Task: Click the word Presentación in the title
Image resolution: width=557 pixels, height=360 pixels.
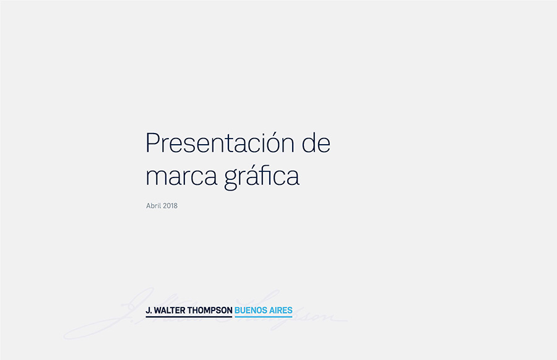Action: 220,142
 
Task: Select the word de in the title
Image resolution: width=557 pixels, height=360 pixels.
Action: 316,143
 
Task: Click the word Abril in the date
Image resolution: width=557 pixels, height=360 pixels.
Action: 153,205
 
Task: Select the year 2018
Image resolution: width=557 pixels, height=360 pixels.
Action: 170,206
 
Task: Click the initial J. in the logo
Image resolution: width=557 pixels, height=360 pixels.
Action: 149,311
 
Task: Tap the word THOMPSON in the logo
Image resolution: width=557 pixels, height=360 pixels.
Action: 210,311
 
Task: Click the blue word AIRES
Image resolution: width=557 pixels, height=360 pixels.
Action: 281,311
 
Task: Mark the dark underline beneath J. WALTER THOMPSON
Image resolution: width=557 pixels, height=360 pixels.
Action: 189,317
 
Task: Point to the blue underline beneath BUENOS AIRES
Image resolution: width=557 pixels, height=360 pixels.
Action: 264,317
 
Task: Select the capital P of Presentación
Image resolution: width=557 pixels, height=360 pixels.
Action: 152,143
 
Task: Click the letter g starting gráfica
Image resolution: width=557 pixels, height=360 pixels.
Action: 231,180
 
